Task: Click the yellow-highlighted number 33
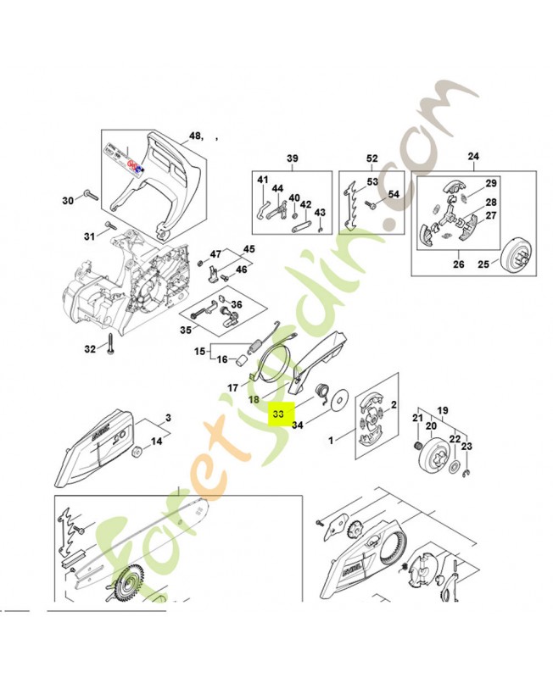coord(279,415)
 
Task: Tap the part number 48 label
coord(195,136)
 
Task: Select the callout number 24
coord(473,157)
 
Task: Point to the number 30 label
coord(69,201)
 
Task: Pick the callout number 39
coord(293,159)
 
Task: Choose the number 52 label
coord(371,159)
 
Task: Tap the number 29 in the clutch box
coord(490,184)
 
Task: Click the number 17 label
coord(232,387)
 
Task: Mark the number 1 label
coord(332,440)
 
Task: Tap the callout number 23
coord(466,447)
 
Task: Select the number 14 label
coord(156,442)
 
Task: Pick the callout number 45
coord(249,248)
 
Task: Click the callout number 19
coord(442,408)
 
